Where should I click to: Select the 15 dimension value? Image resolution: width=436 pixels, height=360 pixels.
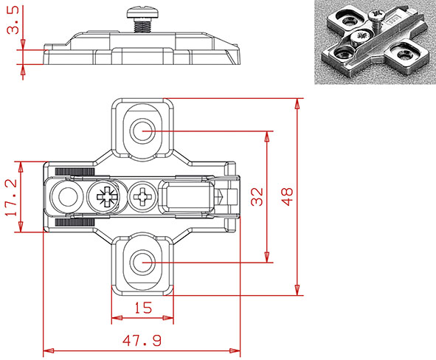tap(143, 308)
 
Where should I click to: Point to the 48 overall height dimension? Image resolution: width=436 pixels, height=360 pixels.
tap(288, 196)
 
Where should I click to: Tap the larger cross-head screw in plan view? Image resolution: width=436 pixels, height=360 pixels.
tap(102, 197)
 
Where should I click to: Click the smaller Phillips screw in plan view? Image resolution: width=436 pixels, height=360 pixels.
tap(140, 197)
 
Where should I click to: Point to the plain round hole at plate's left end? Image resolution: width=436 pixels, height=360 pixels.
tap(66, 197)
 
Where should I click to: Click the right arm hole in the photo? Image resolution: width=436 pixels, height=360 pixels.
tap(405, 53)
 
